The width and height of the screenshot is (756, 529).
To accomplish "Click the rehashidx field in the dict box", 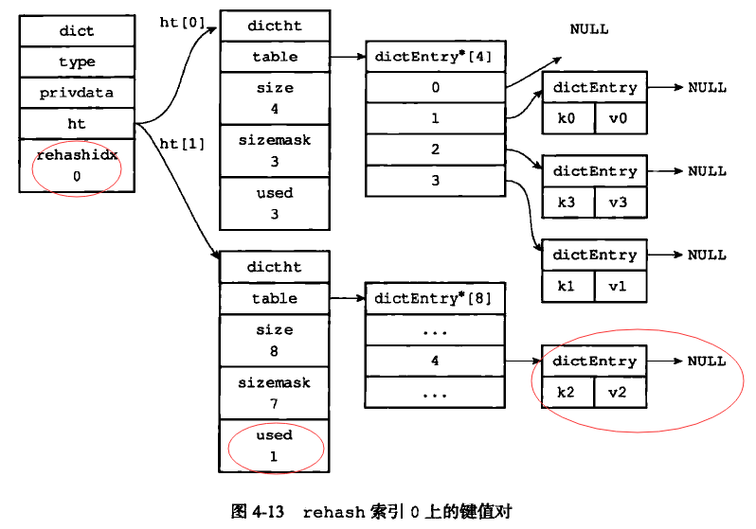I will click(x=77, y=165).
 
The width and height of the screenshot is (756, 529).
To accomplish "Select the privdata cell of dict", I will click(x=77, y=93).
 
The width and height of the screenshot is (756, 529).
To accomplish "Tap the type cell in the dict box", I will click(x=77, y=62).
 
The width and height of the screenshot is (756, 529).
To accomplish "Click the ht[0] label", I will click(x=182, y=22).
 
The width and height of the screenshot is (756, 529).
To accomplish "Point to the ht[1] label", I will click(x=182, y=144).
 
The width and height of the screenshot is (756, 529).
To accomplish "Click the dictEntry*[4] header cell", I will click(x=435, y=57).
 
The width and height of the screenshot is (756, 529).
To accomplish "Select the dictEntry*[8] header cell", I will click(x=434, y=298).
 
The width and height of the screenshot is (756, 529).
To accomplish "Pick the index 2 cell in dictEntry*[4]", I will click(x=435, y=150).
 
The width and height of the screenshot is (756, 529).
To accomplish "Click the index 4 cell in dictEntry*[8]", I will click(x=434, y=361).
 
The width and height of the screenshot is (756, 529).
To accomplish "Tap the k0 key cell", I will click(x=567, y=118).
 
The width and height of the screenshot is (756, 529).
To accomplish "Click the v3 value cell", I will click(x=621, y=202).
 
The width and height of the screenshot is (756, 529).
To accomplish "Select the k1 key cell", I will click(x=567, y=285).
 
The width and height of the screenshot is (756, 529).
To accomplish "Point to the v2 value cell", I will click(x=621, y=392).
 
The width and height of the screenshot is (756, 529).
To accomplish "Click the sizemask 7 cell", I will click(x=275, y=392).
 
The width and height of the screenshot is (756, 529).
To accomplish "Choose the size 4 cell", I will click(x=275, y=97).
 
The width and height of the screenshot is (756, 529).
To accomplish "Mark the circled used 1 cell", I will click(x=275, y=445).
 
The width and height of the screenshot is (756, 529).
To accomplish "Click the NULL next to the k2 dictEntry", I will click(x=707, y=361).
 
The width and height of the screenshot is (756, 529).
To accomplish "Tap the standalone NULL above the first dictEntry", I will click(x=589, y=29).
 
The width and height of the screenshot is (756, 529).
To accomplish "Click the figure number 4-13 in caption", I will click(x=270, y=512).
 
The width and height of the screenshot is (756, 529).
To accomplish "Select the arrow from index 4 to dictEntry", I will click(x=522, y=361).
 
